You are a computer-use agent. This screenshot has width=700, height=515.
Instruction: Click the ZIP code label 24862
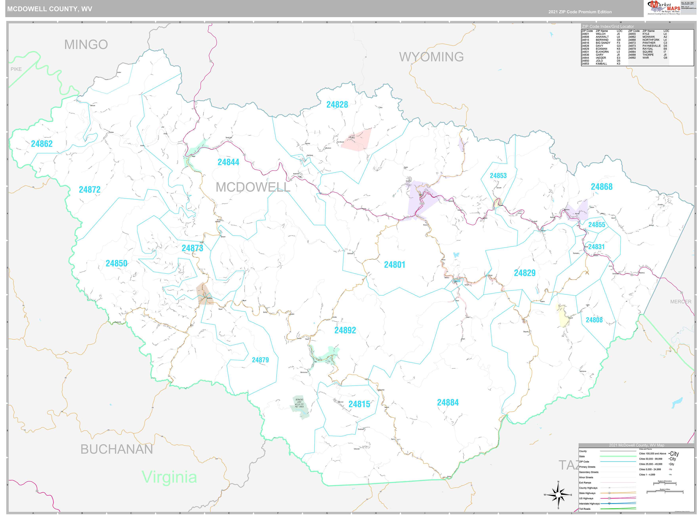(x=42, y=144)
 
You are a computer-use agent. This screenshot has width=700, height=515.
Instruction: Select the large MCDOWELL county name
(x=253, y=187)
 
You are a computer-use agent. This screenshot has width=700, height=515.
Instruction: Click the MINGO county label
(x=86, y=45)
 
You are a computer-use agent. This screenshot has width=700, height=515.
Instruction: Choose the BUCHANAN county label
(x=117, y=449)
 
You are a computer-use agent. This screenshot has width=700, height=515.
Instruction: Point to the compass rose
(x=558, y=495)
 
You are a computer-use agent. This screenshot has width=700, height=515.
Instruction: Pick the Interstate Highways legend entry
(x=589, y=504)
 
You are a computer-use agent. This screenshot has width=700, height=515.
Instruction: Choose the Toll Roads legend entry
(x=585, y=509)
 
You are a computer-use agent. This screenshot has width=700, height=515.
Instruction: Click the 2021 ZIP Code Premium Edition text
(x=580, y=12)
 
